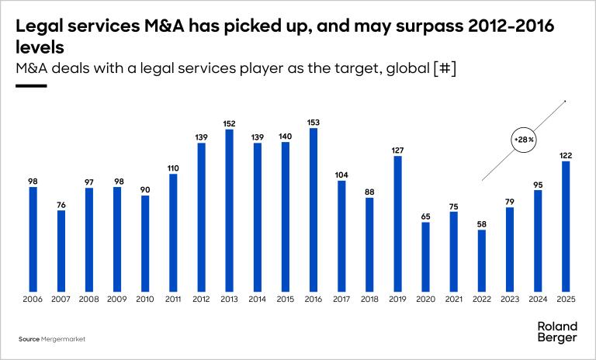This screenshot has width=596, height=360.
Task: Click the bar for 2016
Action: pos(314,209)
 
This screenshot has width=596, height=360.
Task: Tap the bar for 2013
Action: pos(229,210)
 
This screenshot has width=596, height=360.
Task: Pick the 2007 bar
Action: pos(61,251)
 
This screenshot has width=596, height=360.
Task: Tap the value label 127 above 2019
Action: pos(397,150)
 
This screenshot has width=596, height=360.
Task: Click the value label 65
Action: pos(425,216)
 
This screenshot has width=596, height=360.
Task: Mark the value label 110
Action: pos(173,167)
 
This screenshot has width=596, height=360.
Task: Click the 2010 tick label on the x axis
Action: pos(145,299)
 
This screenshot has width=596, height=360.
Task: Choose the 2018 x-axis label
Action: pos(369,299)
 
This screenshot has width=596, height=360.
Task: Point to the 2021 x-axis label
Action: pos(453,299)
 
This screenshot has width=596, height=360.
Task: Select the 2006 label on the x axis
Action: pos(33,299)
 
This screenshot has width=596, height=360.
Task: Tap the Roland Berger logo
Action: pos(557,332)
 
